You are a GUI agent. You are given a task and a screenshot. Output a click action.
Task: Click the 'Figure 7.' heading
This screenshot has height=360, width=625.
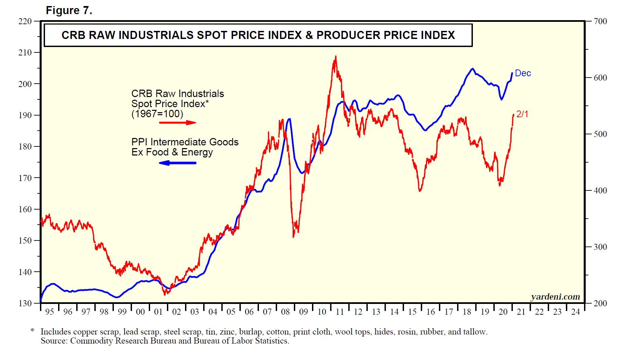69,10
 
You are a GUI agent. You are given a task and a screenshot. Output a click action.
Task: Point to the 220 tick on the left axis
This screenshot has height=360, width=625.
25,21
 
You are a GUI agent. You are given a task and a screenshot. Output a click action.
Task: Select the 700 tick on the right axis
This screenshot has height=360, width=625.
600,21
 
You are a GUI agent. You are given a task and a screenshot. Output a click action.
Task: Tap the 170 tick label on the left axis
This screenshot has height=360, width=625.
25,178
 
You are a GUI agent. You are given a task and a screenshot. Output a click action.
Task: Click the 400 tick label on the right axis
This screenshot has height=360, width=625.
600,190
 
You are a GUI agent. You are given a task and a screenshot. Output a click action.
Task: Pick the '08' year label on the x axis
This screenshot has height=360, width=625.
285,312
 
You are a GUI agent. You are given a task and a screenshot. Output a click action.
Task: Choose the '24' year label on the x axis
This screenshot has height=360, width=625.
575,312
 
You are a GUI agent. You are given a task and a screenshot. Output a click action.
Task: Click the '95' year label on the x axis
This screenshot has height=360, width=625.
49,312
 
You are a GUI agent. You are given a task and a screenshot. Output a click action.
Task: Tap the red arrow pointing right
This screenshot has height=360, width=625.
177,123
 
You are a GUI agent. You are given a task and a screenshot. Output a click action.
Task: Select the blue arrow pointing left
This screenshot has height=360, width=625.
177,163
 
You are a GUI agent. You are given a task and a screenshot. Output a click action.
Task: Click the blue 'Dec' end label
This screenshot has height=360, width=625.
523,73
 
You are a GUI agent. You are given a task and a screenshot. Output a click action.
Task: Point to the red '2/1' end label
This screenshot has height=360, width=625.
522,114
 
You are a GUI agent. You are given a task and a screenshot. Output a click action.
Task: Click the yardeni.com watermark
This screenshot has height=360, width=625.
555,297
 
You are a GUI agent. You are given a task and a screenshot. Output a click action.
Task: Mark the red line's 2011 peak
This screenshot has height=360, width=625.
336,57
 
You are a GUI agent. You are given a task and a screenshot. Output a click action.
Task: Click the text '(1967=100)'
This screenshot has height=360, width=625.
157,114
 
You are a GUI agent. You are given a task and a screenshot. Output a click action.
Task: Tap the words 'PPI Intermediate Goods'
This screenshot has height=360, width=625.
185,142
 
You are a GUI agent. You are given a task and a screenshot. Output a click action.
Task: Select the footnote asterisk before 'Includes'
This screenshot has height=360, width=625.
33,331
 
